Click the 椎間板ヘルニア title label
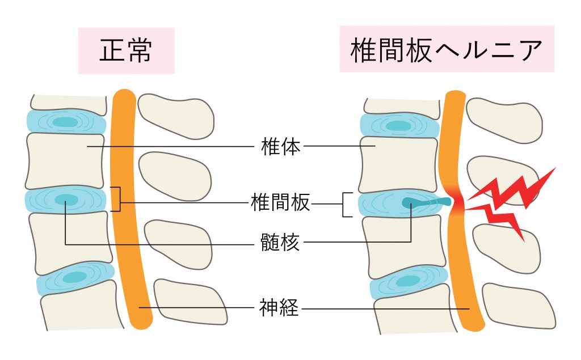click(x=447, y=50)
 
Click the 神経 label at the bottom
click(x=278, y=309)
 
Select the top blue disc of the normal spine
click(x=66, y=121)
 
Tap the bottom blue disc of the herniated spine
click(x=405, y=281)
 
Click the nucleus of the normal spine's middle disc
click(x=66, y=200)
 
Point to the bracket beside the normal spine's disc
click(x=117, y=199)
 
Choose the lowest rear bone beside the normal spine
click(x=190, y=303)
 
